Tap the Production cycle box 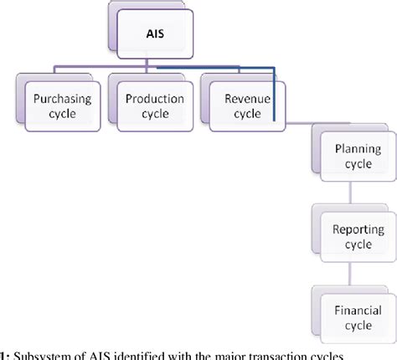click(x=154, y=105)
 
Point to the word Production click(x=154, y=99)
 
